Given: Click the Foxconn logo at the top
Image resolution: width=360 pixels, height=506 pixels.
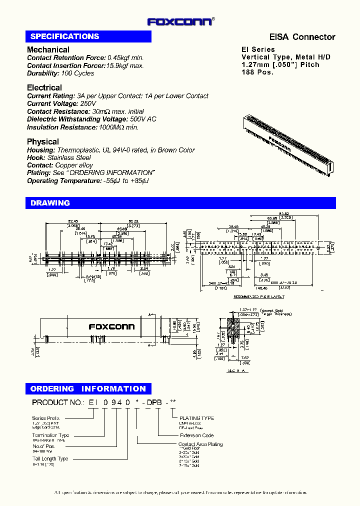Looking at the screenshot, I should click(x=180, y=21).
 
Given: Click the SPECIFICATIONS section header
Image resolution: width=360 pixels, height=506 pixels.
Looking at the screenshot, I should click(x=64, y=36).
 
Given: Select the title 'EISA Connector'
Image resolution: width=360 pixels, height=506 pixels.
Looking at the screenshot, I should click(x=302, y=37).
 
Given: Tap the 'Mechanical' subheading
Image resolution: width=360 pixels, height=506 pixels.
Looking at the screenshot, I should click(x=48, y=49).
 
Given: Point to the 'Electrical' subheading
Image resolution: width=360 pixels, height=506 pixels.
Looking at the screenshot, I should click(x=44, y=87).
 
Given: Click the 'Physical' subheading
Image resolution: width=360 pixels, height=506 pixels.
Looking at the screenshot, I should click(x=43, y=141).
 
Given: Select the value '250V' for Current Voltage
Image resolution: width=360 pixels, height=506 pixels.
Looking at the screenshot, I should click(x=86, y=103).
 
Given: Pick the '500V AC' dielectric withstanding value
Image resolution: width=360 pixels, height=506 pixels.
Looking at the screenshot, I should click(x=143, y=119).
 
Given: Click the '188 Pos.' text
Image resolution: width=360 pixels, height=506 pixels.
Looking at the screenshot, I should click(x=257, y=72).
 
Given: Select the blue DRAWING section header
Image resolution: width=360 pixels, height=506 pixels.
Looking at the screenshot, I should click(x=50, y=203).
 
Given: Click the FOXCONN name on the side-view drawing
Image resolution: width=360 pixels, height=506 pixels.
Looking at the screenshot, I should click(x=111, y=326).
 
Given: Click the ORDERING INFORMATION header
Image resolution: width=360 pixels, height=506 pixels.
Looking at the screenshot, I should click(x=88, y=388).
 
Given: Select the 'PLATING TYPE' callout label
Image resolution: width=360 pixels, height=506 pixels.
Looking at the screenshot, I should click(x=196, y=418).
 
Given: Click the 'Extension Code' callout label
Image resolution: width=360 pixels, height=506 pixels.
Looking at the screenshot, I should click(x=195, y=435).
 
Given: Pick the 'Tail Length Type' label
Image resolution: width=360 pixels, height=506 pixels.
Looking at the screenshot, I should click(x=50, y=458).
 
